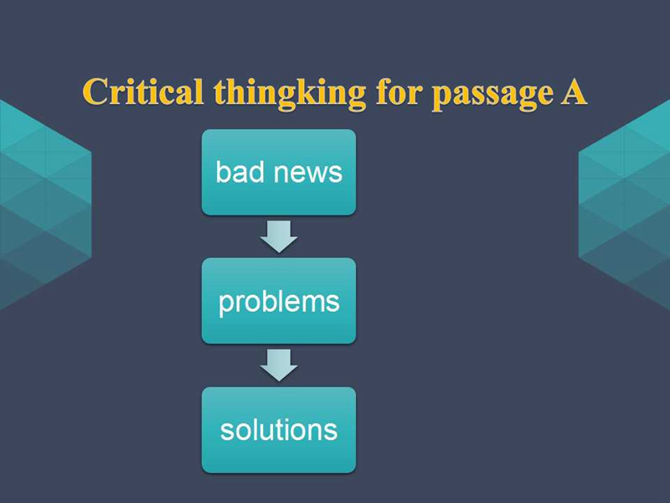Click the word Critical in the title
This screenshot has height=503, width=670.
point(142,91)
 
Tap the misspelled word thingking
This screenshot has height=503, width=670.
point(290,94)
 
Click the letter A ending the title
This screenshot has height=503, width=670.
point(574,91)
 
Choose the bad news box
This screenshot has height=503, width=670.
point(279,172)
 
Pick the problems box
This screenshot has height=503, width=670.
point(279,301)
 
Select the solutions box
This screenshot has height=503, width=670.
point(279,430)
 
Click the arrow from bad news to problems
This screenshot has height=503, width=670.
point(279,236)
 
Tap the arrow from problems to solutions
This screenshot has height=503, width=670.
point(279,366)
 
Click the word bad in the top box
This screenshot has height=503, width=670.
point(240,172)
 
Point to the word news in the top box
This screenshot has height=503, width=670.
point(307,174)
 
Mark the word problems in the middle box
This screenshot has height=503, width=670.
point(279,303)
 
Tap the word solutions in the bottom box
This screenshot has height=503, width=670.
point(279,429)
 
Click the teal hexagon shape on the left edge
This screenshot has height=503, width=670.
point(45,205)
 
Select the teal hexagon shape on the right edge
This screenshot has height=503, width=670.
point(624,205)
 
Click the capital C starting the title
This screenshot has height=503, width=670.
point(94,91)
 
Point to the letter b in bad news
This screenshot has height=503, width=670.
point(223,172)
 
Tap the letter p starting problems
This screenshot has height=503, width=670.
point(225,305)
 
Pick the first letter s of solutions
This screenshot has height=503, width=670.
point(226,432)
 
